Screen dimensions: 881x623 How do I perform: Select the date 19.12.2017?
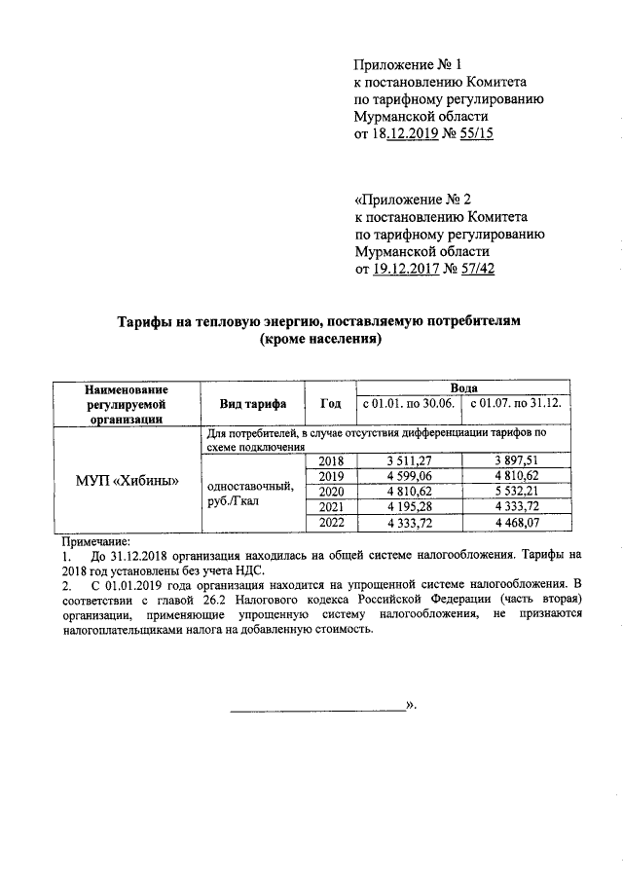point(406,271)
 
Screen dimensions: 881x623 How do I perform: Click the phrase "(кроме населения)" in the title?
point(317,341)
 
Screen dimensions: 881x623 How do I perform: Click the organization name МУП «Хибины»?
point(127,481)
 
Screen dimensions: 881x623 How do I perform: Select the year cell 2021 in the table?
point(332,507)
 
